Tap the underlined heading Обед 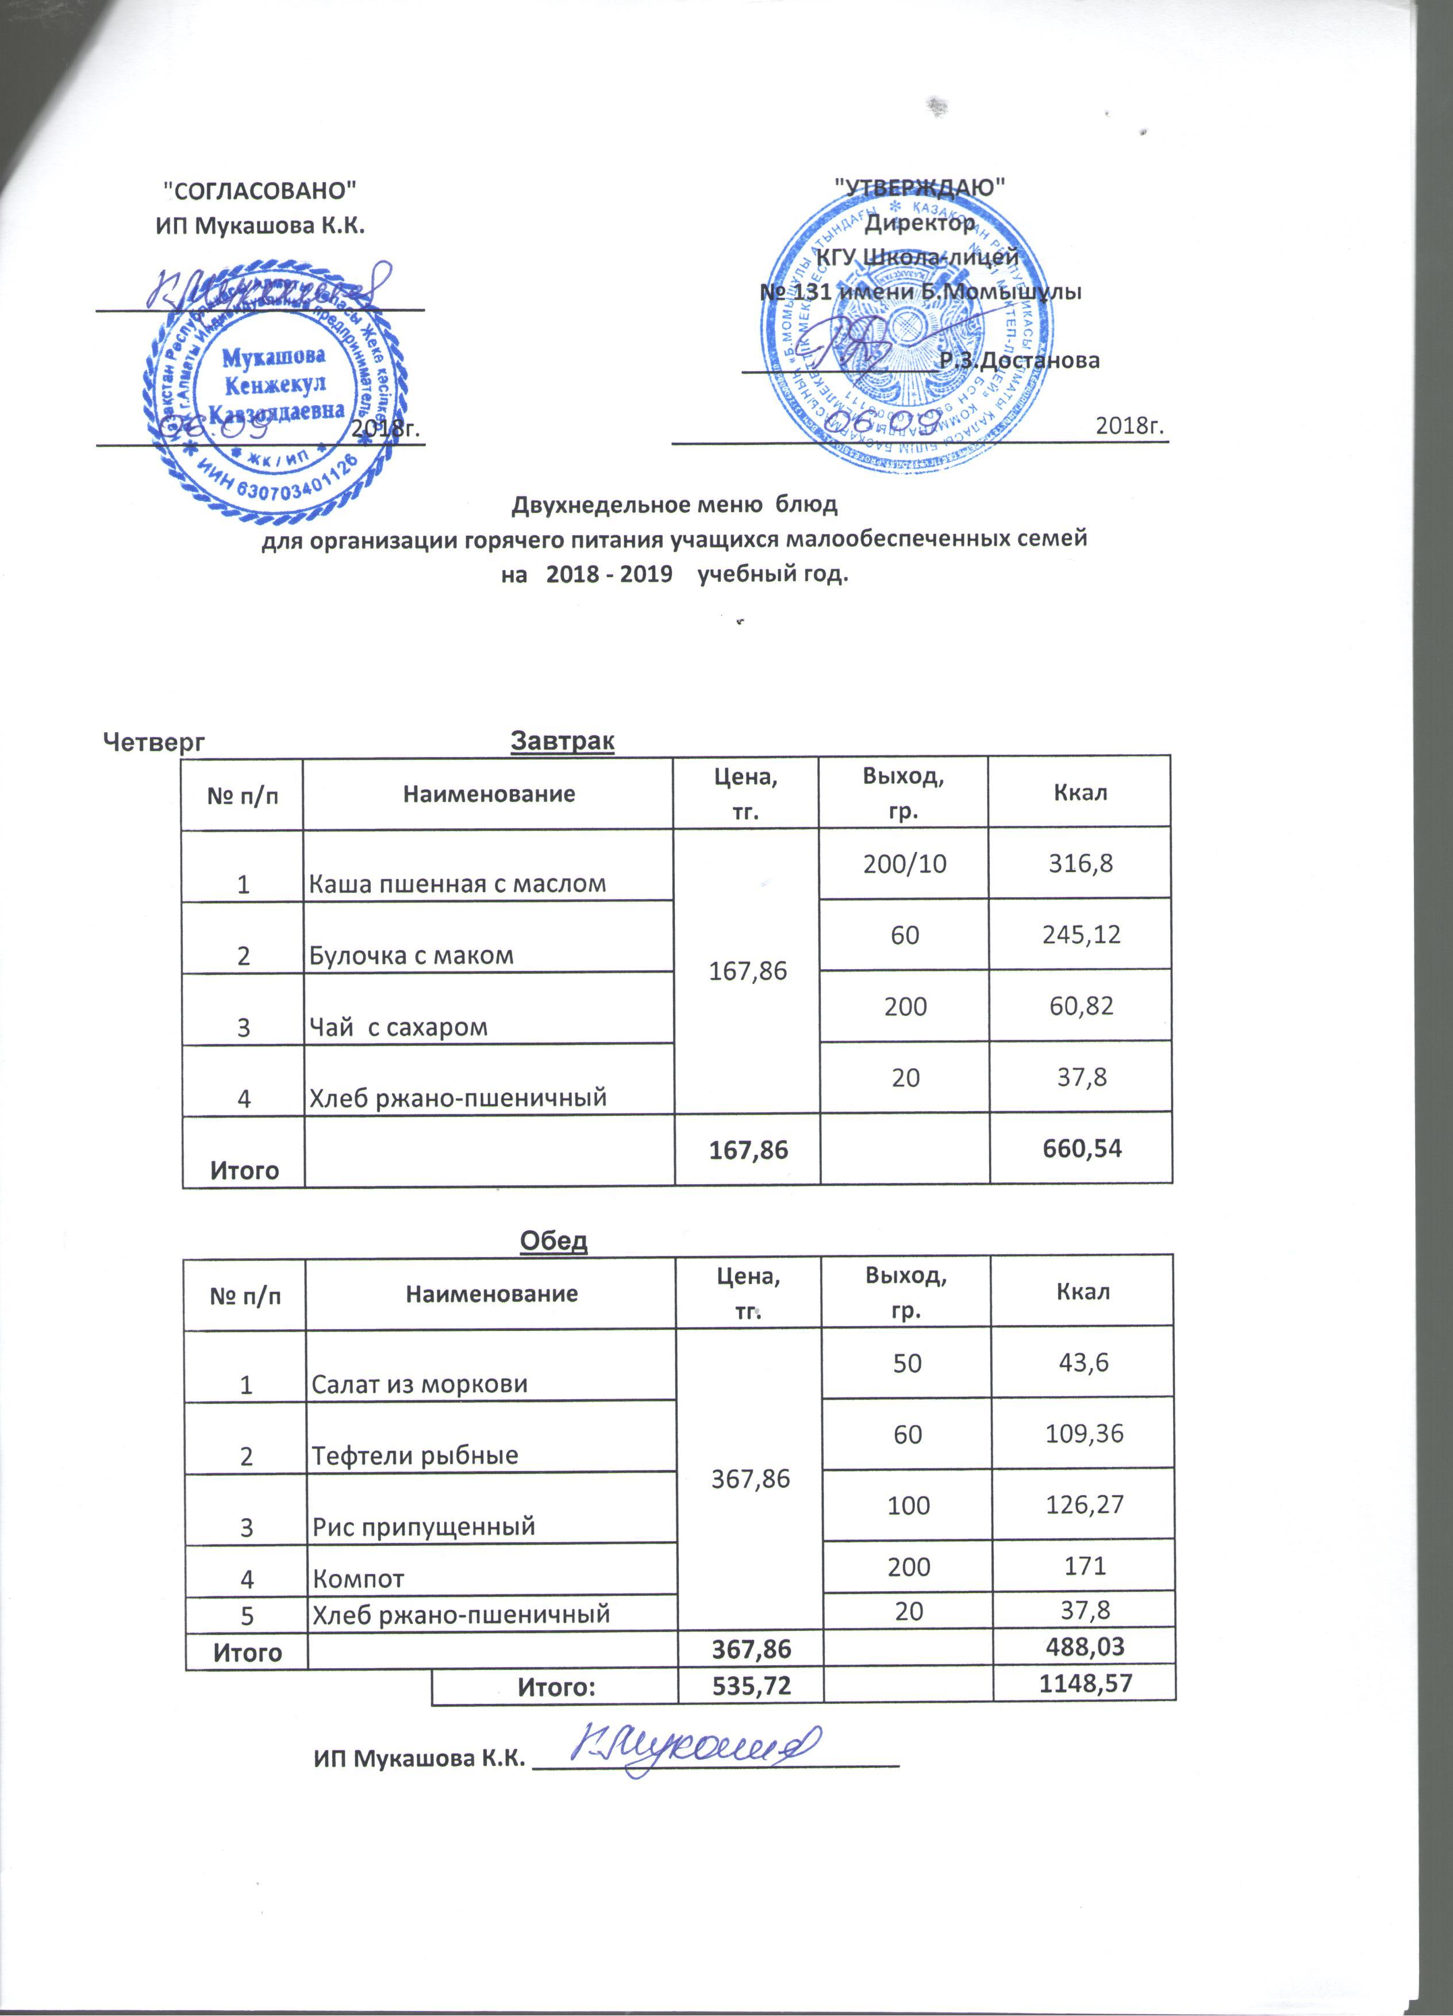553,1240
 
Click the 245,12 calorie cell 1082,934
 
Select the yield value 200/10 905,863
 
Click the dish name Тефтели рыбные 414,1455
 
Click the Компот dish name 358,1579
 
